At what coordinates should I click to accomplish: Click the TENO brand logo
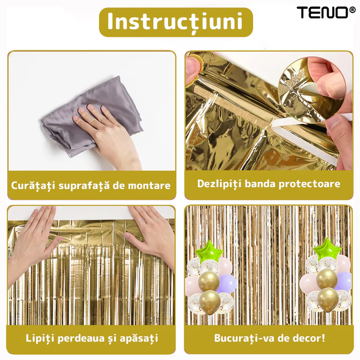pyautogui.click(x=326, y=13)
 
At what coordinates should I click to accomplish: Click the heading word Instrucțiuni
pyautogui.click(x=175, y=22)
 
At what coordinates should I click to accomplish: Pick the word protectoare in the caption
pyautogui.click(x=309, y=184)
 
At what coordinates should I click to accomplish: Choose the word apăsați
pyautogui.click(x=139, y=339)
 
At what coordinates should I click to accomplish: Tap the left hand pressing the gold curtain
pyautogui.click(x=35, y=241)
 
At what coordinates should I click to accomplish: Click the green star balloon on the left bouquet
pyautogui.click(x=208, y=252)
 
